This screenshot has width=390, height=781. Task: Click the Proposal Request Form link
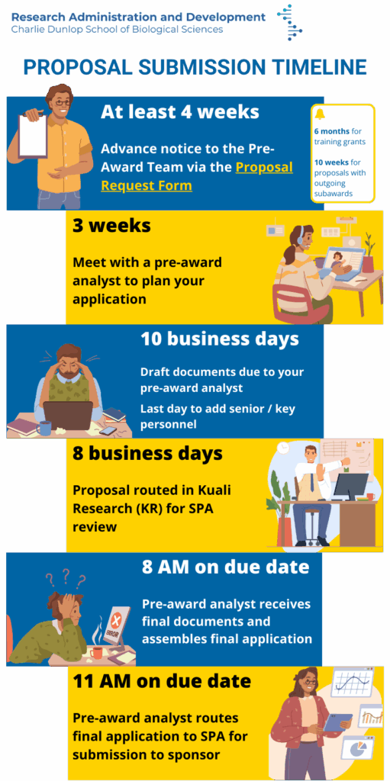point(196,176)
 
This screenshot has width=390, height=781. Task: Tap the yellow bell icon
point(320,114)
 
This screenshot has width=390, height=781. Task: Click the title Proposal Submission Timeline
point(195,67)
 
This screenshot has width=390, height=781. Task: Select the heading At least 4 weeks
point(180,111)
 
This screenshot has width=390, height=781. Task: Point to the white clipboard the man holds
point(32,136)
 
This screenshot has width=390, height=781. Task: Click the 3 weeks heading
point(111,226)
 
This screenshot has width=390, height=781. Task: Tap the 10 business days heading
point(220,339)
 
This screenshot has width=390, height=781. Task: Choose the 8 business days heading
point(147,454)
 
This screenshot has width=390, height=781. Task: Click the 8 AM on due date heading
point(225,567)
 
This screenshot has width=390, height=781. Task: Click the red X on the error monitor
point(117,621)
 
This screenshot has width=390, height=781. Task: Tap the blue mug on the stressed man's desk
point(44,428)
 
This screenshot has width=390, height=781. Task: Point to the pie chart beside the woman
point(362,750)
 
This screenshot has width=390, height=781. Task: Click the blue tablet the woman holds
point(338,722)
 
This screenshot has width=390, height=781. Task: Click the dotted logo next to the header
point(290,22)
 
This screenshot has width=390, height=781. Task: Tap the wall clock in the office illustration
point(283,447)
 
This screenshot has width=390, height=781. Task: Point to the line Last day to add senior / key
point(218,409)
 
